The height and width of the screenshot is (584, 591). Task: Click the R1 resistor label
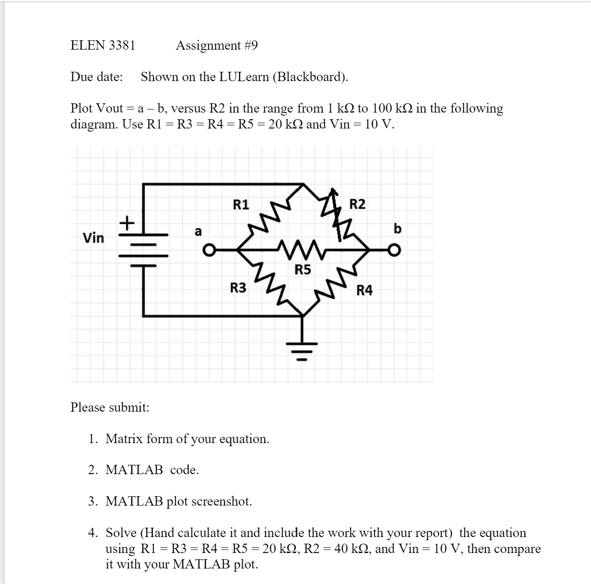[241, 205]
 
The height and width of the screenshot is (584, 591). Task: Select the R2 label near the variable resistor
[358, 204]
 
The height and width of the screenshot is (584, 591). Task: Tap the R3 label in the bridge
[238, 288]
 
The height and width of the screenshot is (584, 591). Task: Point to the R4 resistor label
[365, 291]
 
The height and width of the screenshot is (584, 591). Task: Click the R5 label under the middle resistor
[303, 270]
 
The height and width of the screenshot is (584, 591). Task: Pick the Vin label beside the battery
[94, 238]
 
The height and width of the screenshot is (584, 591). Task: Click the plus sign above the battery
[127, 222]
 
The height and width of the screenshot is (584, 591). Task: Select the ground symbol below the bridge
[303, 350]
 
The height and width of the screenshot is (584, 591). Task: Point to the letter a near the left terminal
[198, 231]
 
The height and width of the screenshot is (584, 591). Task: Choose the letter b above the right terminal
[397, 229]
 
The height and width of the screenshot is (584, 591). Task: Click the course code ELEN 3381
[103, 45]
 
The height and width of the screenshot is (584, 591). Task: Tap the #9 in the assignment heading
[251, 45]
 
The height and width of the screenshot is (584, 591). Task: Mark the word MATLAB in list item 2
[134, 470]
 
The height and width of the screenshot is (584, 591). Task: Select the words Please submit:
[110, 407]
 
